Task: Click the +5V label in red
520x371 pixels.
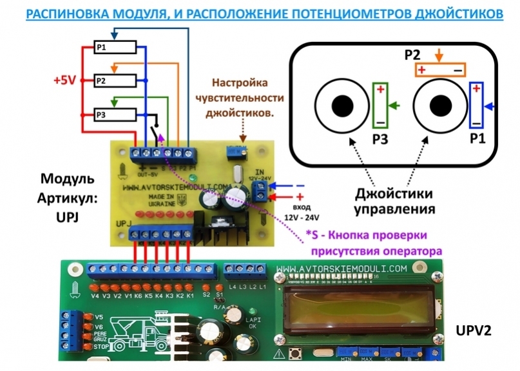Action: tap(65, 81)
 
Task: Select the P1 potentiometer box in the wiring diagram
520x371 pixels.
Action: tap(115, 47)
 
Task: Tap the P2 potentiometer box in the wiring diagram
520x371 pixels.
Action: tap(115, 81)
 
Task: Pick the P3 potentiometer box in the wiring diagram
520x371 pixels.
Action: tap(115, 115)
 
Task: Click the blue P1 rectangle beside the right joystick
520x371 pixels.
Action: tap(477, 105)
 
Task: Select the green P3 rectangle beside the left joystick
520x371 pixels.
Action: tap(380, 105)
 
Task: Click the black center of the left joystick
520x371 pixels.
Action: tap(342, 105)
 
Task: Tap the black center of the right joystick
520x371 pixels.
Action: tap(441, 105)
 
